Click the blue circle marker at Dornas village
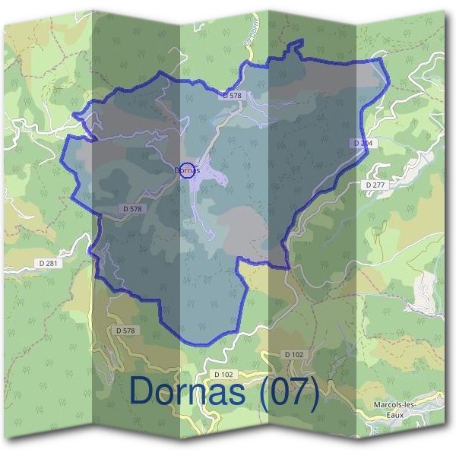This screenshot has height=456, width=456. [188, 169]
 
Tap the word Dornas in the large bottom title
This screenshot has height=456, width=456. [191, 391]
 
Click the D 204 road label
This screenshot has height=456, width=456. [363, 143]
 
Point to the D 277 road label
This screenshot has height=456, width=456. [375, 185]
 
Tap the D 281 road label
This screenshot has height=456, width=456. [47, 263]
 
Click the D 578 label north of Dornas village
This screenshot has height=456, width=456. [233, 96]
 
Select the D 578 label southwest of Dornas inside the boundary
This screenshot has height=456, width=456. [131, 208]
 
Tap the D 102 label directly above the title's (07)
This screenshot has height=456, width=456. [293, 354]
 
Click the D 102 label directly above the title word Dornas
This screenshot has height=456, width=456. [223, 374]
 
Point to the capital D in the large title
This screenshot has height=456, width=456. [143, 391]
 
